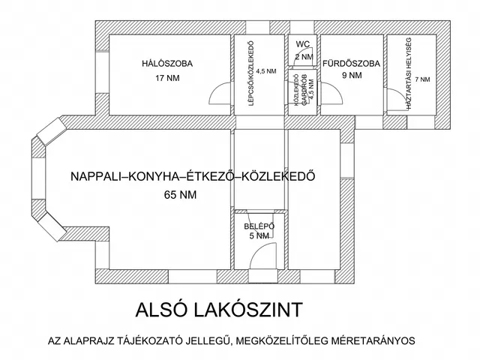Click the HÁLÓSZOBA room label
tap(167, 64)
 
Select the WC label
tap(303, 45)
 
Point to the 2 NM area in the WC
tap(303, 57)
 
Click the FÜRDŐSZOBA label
tap(351, 64)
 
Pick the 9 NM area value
tap(351, 76)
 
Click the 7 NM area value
tap(422, 79)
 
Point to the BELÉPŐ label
tap(259, 226)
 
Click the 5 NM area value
tap(259, 236)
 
